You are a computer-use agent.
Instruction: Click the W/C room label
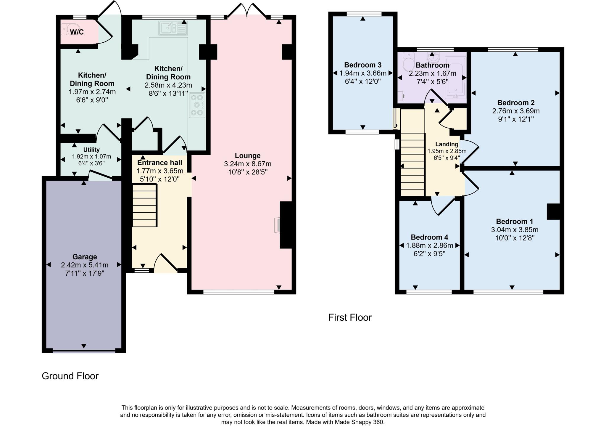(x=77, y=32)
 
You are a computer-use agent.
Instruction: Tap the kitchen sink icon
(x=173, y=28)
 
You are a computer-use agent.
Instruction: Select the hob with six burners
(x=197, y=105)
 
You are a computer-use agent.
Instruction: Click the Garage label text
(x=85, y=257)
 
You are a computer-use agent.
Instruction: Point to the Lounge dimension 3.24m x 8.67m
(x=248, y=164)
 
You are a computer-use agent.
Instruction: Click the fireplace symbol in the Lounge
(x=278, y=225)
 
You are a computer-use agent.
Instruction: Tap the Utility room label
(x=91, y=150)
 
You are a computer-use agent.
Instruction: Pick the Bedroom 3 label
(x=363, y=65)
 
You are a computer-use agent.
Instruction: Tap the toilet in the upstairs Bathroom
(x=409, y=62)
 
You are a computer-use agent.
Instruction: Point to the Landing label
(x=447, y=144)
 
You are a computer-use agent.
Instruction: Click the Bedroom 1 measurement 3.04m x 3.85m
(x=515, y=230)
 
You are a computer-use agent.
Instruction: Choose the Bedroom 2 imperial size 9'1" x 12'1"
(x=516, y=119)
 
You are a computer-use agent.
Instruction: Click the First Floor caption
(x=350, y=317)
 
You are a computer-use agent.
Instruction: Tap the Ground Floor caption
(x=70, y=376)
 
